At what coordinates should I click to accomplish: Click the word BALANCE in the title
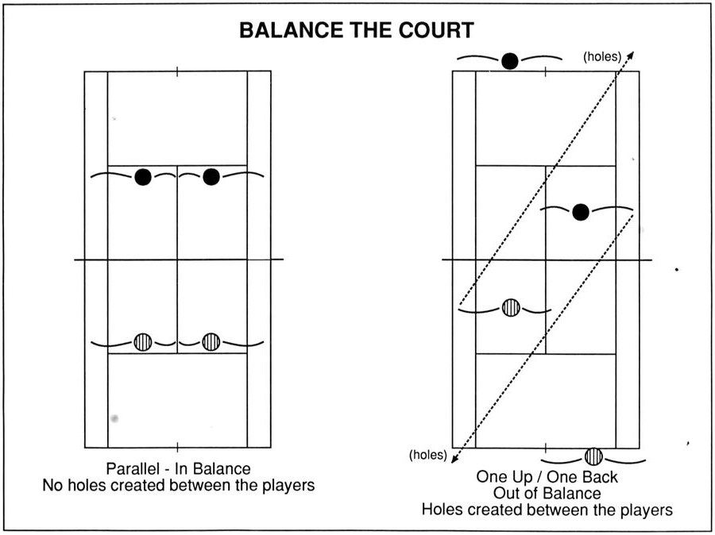(x=291, y=30)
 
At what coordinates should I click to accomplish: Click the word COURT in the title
(x=436, y=30)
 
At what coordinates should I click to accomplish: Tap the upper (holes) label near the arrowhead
(x=602, y=56)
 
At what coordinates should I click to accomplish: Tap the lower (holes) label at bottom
(x=427, y=454)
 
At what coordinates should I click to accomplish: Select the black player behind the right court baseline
(x=510, y=60)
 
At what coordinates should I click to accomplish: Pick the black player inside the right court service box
(x=581, y=212)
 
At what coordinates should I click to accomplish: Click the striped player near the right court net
(x=511, y=308)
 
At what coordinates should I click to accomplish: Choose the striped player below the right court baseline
(x=593, y=456)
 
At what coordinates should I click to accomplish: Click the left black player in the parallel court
(x=143, y=177)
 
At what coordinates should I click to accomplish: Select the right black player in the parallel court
(x=211, y=176)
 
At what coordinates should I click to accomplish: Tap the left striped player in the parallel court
(x=143, y=342)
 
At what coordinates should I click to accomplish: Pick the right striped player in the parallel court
(x=211, y=342)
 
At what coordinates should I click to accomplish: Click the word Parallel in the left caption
(x=132, y=468)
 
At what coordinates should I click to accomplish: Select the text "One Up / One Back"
(x=547, y=477)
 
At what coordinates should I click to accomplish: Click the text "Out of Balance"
(x=547, y=493)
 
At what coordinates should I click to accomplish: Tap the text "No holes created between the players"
(x=179, y=485)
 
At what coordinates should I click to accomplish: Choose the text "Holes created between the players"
(x=547, y=509)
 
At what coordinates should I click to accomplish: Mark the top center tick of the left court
(x=177, y=71)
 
